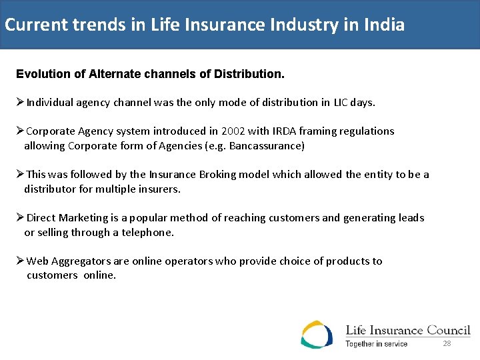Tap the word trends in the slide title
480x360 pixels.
tap(97, 25)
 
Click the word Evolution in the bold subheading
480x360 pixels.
tap(44, 74)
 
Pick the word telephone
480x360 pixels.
tap(147, 233)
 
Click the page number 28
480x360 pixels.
tap(447, 343)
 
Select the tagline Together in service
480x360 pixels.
tap(376, 344)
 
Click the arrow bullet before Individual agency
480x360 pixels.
tap(21, 103)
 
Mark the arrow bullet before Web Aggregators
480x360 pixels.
tap(21, 261)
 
